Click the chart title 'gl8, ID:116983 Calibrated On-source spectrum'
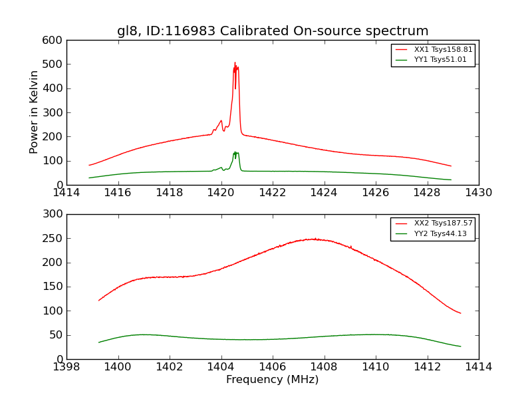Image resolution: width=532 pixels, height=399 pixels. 273,31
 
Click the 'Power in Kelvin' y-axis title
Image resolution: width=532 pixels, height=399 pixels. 35,112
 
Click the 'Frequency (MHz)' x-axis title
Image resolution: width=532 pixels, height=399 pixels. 273,380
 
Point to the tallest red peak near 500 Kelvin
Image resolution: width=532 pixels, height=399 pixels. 235,63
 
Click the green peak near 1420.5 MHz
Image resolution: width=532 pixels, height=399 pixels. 235,152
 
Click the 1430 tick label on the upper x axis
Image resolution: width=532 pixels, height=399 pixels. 479,193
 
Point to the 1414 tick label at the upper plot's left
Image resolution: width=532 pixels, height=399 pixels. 67,193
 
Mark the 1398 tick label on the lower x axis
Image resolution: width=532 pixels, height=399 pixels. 67,367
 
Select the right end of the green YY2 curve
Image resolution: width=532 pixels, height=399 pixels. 460,346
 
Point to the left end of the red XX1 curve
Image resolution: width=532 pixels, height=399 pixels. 89,165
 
